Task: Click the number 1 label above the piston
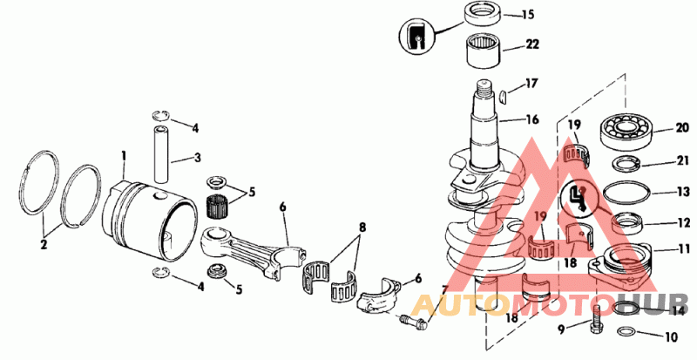click(124, 156)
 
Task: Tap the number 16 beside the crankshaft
click(531, 119)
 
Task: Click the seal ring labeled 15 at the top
click(479, 15)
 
